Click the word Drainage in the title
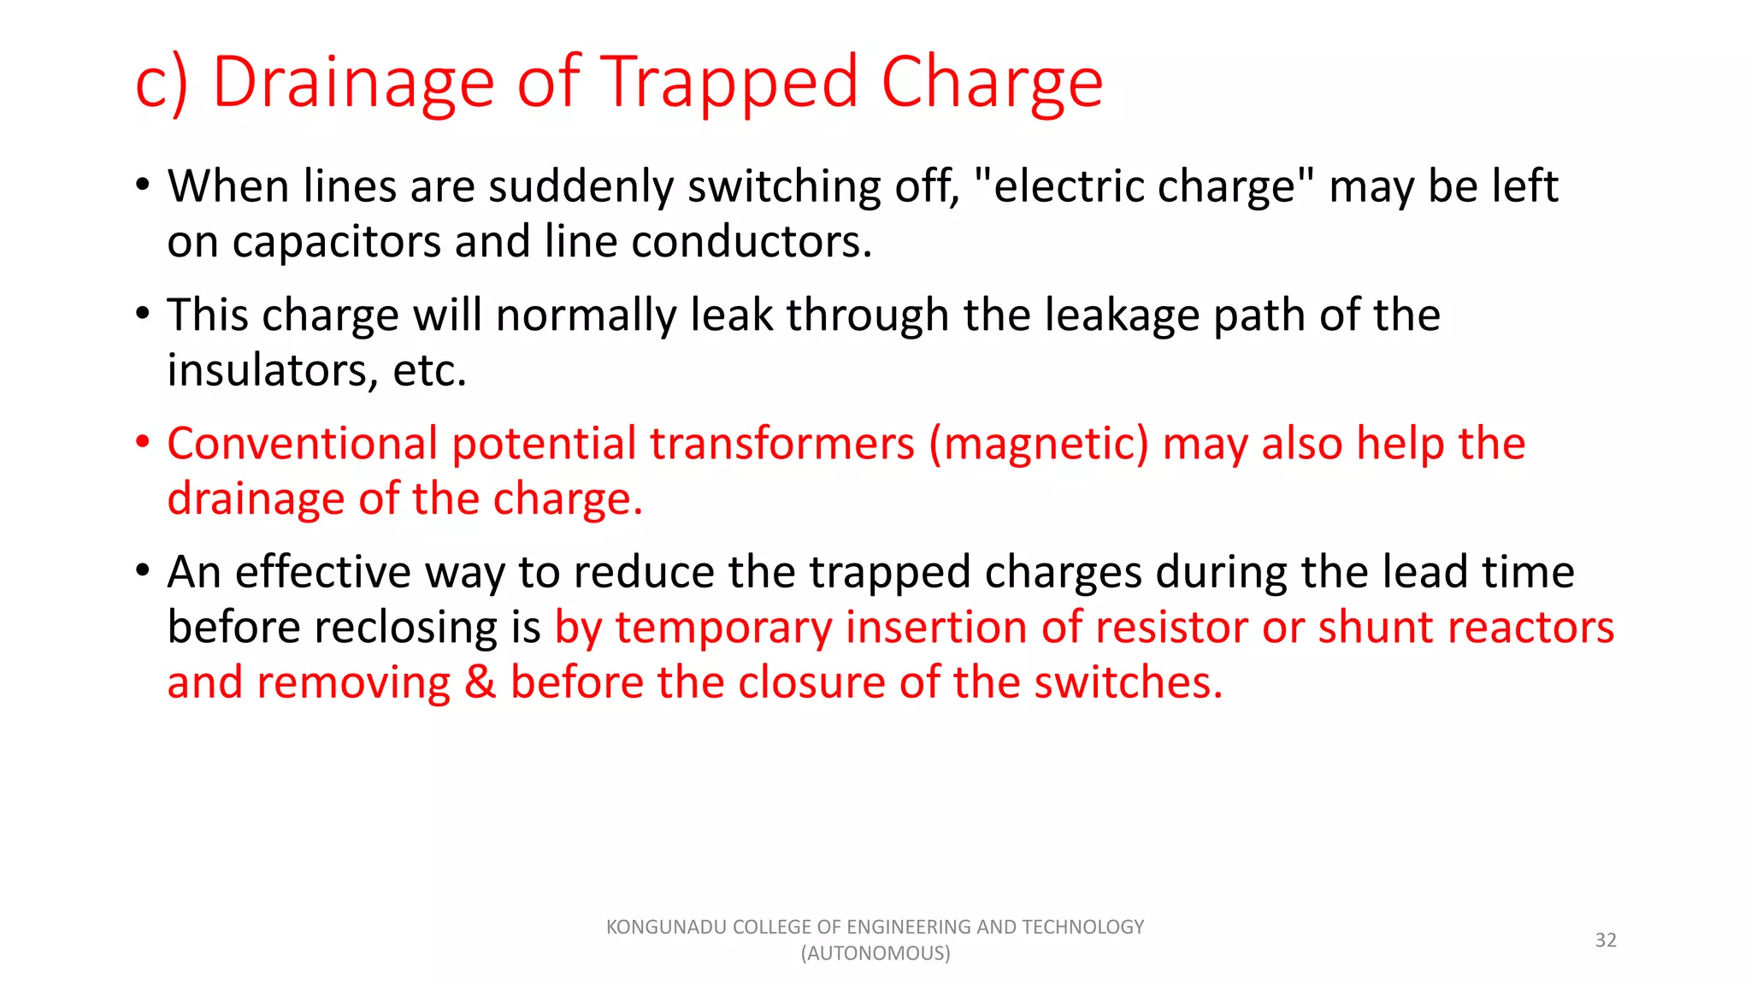[353, 83]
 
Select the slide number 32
[1606, 940]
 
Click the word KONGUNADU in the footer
[667, 927]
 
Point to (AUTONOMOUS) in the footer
[875, 953]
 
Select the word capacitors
[337, 242]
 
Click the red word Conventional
[303, 444]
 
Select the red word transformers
[782, 444]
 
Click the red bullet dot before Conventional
[144, 442]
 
